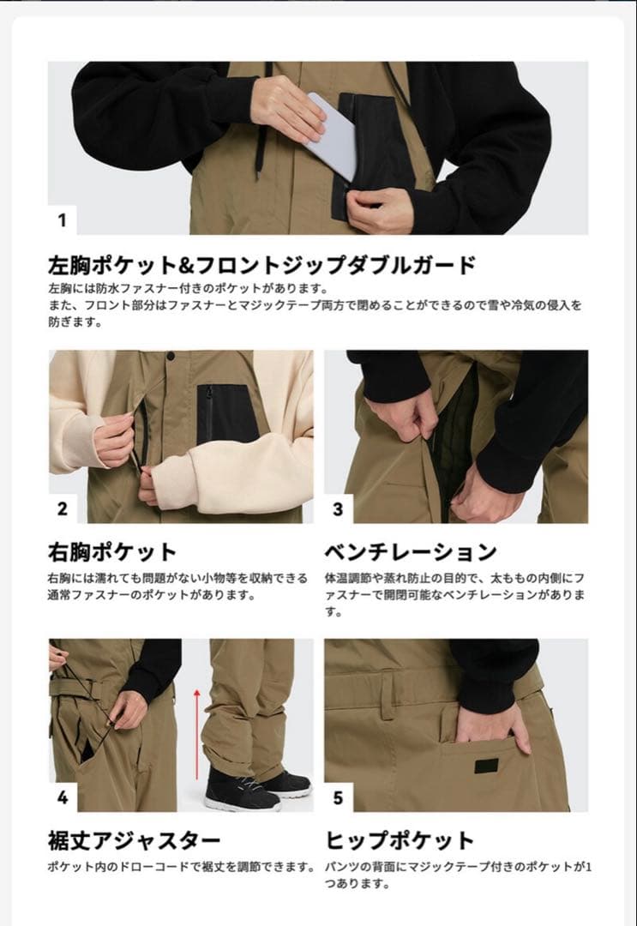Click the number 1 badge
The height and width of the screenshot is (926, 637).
coord(62,219)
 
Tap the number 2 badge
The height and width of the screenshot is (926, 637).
coord(62,508)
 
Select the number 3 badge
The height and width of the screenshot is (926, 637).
coord(338,508)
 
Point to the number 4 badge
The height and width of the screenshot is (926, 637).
coord(62,797)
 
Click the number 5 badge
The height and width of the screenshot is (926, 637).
coord(338,797)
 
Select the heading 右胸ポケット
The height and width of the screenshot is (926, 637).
coord(112,550)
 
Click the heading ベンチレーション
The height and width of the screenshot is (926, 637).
coord(411,550)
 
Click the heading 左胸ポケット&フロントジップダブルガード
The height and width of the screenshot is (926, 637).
coord(261,264)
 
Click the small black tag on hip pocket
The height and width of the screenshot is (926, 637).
coord(486,765)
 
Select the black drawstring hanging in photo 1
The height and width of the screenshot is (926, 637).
coord(261,129)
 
